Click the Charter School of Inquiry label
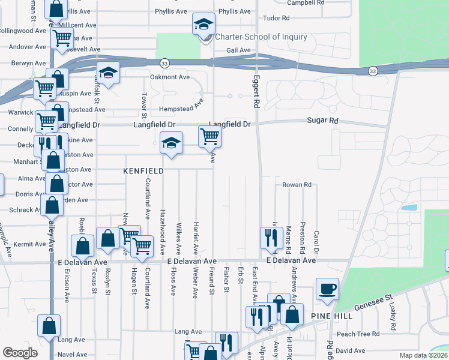261,37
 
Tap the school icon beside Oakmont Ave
109,73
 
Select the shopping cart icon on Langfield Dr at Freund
209,136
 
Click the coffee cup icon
327,289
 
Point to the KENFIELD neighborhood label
143,171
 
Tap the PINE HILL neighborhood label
332,316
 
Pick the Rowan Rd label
297,185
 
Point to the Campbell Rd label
306,3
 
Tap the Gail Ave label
238,50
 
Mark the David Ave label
350,350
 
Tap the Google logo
20,352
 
